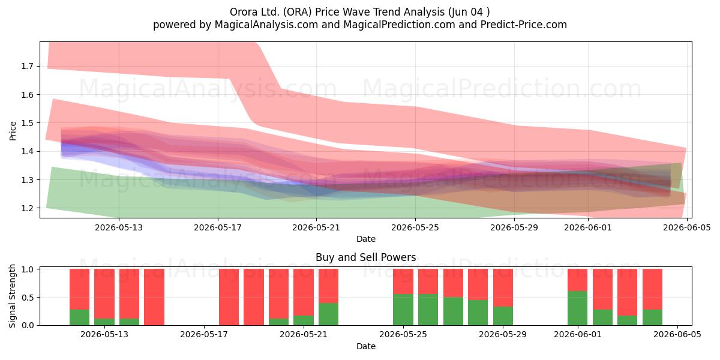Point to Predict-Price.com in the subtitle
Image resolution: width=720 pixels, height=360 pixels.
click(x=524, y=25)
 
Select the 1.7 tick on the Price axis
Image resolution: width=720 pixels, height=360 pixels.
click(x=26, y=66)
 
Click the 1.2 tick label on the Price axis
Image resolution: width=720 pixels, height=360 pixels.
click(x=26, y=208)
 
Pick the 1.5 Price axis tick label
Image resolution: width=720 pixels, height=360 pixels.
click(x=26, y=123)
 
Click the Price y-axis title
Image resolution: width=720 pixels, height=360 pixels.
click(x=13, y=131)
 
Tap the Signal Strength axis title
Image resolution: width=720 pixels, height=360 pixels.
click(x=12, y=296)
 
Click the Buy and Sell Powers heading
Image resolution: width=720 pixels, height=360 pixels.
click(x=366, y=257)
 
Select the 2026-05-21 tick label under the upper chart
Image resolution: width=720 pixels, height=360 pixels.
click(x=316, y=227)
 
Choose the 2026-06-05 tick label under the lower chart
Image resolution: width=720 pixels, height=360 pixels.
click(x=677, y=335)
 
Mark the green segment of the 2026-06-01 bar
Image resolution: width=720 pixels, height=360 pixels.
click(x=578, y=308)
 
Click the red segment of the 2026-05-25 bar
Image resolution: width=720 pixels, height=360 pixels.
click(x=403, y=281)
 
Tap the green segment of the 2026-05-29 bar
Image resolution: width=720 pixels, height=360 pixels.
click(x=503, y=316)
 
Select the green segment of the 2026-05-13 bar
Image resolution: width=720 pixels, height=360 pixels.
click(x=104, y=322)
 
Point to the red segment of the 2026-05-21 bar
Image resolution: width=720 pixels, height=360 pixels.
click(x=304, y=292)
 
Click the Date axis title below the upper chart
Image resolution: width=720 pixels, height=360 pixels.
click(x=366, y=239)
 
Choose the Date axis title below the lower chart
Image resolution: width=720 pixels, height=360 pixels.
click(x=366, y=347)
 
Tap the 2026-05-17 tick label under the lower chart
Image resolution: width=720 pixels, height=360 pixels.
click(x=204, y=335)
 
